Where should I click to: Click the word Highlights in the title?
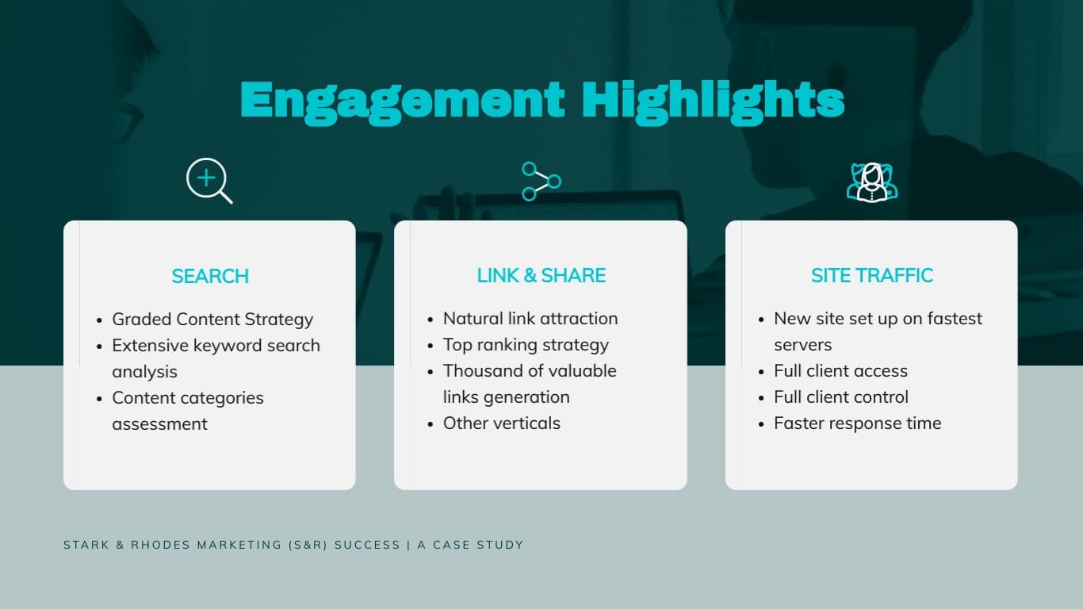pos(712,101)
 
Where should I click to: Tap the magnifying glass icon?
pos(209,181)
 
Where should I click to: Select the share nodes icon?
pos(541,182)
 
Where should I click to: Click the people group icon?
pos(871,182)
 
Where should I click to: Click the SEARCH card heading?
pos(210,276)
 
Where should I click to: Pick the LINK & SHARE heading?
pos(541,275)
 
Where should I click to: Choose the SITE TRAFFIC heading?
pos(871,275)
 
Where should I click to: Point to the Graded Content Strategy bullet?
pos(212,319)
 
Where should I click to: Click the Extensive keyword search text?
pos(216,345)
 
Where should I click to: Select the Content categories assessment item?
pos(188,398)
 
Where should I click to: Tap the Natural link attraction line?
pos(530,318)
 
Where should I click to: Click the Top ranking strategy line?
pos(526,344)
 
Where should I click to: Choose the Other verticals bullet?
pos(501,423)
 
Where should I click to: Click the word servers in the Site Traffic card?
pos(802,345)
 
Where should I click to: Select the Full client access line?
pos(840,370)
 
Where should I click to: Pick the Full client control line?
pos(840,396)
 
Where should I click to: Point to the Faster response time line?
pos(857,423)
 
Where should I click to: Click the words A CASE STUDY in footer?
pos(470,545)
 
